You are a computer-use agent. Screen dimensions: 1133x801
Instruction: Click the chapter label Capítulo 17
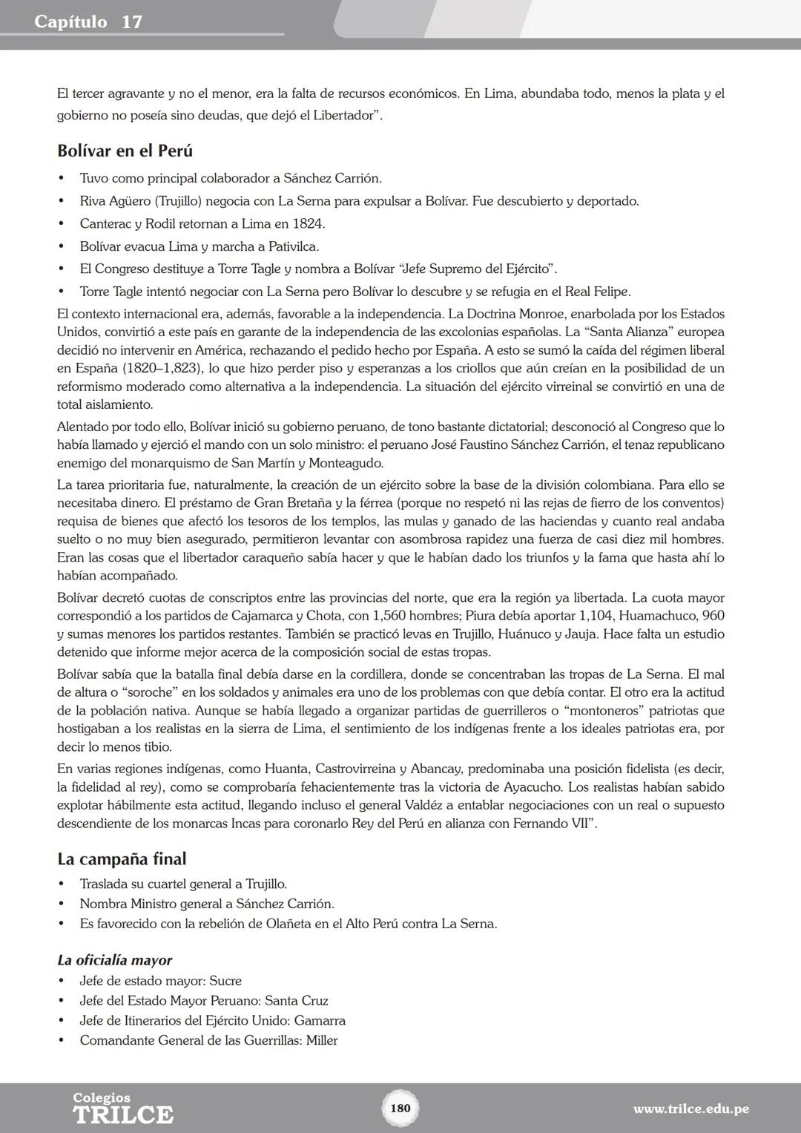tap(88, 22)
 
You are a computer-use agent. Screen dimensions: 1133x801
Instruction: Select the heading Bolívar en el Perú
tap(125, 151)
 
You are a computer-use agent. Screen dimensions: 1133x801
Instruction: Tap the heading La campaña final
tap(122, 859)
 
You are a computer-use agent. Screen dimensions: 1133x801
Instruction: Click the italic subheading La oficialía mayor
tap(114, 960)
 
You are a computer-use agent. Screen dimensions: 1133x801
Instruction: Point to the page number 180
tap(400, 1108)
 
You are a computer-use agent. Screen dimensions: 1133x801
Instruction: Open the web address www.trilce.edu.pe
tap(690, 1109)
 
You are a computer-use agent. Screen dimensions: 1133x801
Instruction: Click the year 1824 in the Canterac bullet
tap(308, 224)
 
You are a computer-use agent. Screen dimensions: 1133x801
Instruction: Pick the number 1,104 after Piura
tap(596, 616)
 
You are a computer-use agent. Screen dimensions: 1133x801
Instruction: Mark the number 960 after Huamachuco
tap(713, 616)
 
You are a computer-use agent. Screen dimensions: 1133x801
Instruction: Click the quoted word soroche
tap(142, 693)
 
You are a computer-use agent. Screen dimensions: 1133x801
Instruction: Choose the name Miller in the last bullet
tap(322, 1040)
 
